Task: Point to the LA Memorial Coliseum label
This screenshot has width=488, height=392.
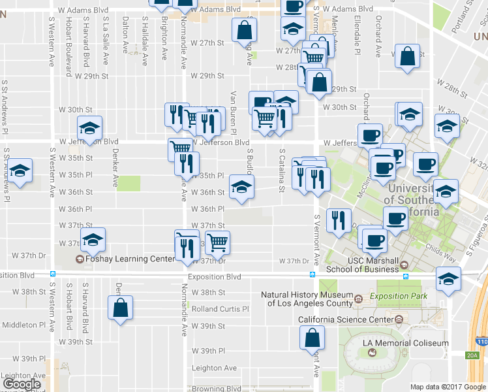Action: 406,343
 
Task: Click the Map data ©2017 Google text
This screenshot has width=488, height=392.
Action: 448,387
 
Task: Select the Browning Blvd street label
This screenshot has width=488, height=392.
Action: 217,389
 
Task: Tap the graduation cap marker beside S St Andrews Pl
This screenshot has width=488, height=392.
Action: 20,172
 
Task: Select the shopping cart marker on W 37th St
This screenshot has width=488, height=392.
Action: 218,242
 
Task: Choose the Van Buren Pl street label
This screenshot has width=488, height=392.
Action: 232,109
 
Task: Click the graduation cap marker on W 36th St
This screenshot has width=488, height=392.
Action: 241,188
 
